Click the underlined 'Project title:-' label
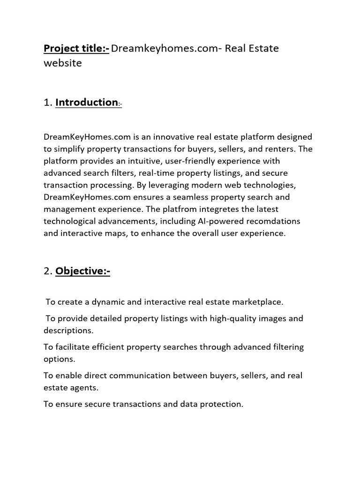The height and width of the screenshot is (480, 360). click(x=76, y=49)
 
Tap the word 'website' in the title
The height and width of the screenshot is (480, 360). click(x=62, y=63)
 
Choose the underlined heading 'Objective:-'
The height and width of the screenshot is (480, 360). click(x=82, y=271)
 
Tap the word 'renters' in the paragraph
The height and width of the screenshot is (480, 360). click(x=282, y=149)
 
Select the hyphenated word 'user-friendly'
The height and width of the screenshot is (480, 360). click(x=179, y=161)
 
